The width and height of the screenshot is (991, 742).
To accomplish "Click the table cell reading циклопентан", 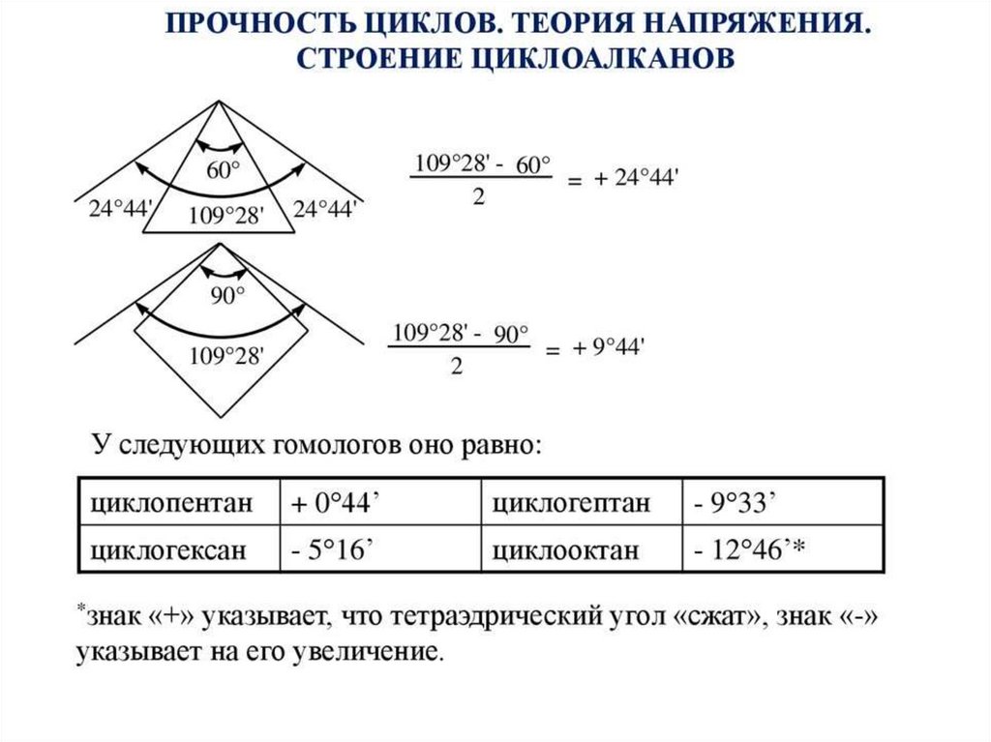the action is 171,503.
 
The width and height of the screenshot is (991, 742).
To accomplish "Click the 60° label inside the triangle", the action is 223,171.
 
